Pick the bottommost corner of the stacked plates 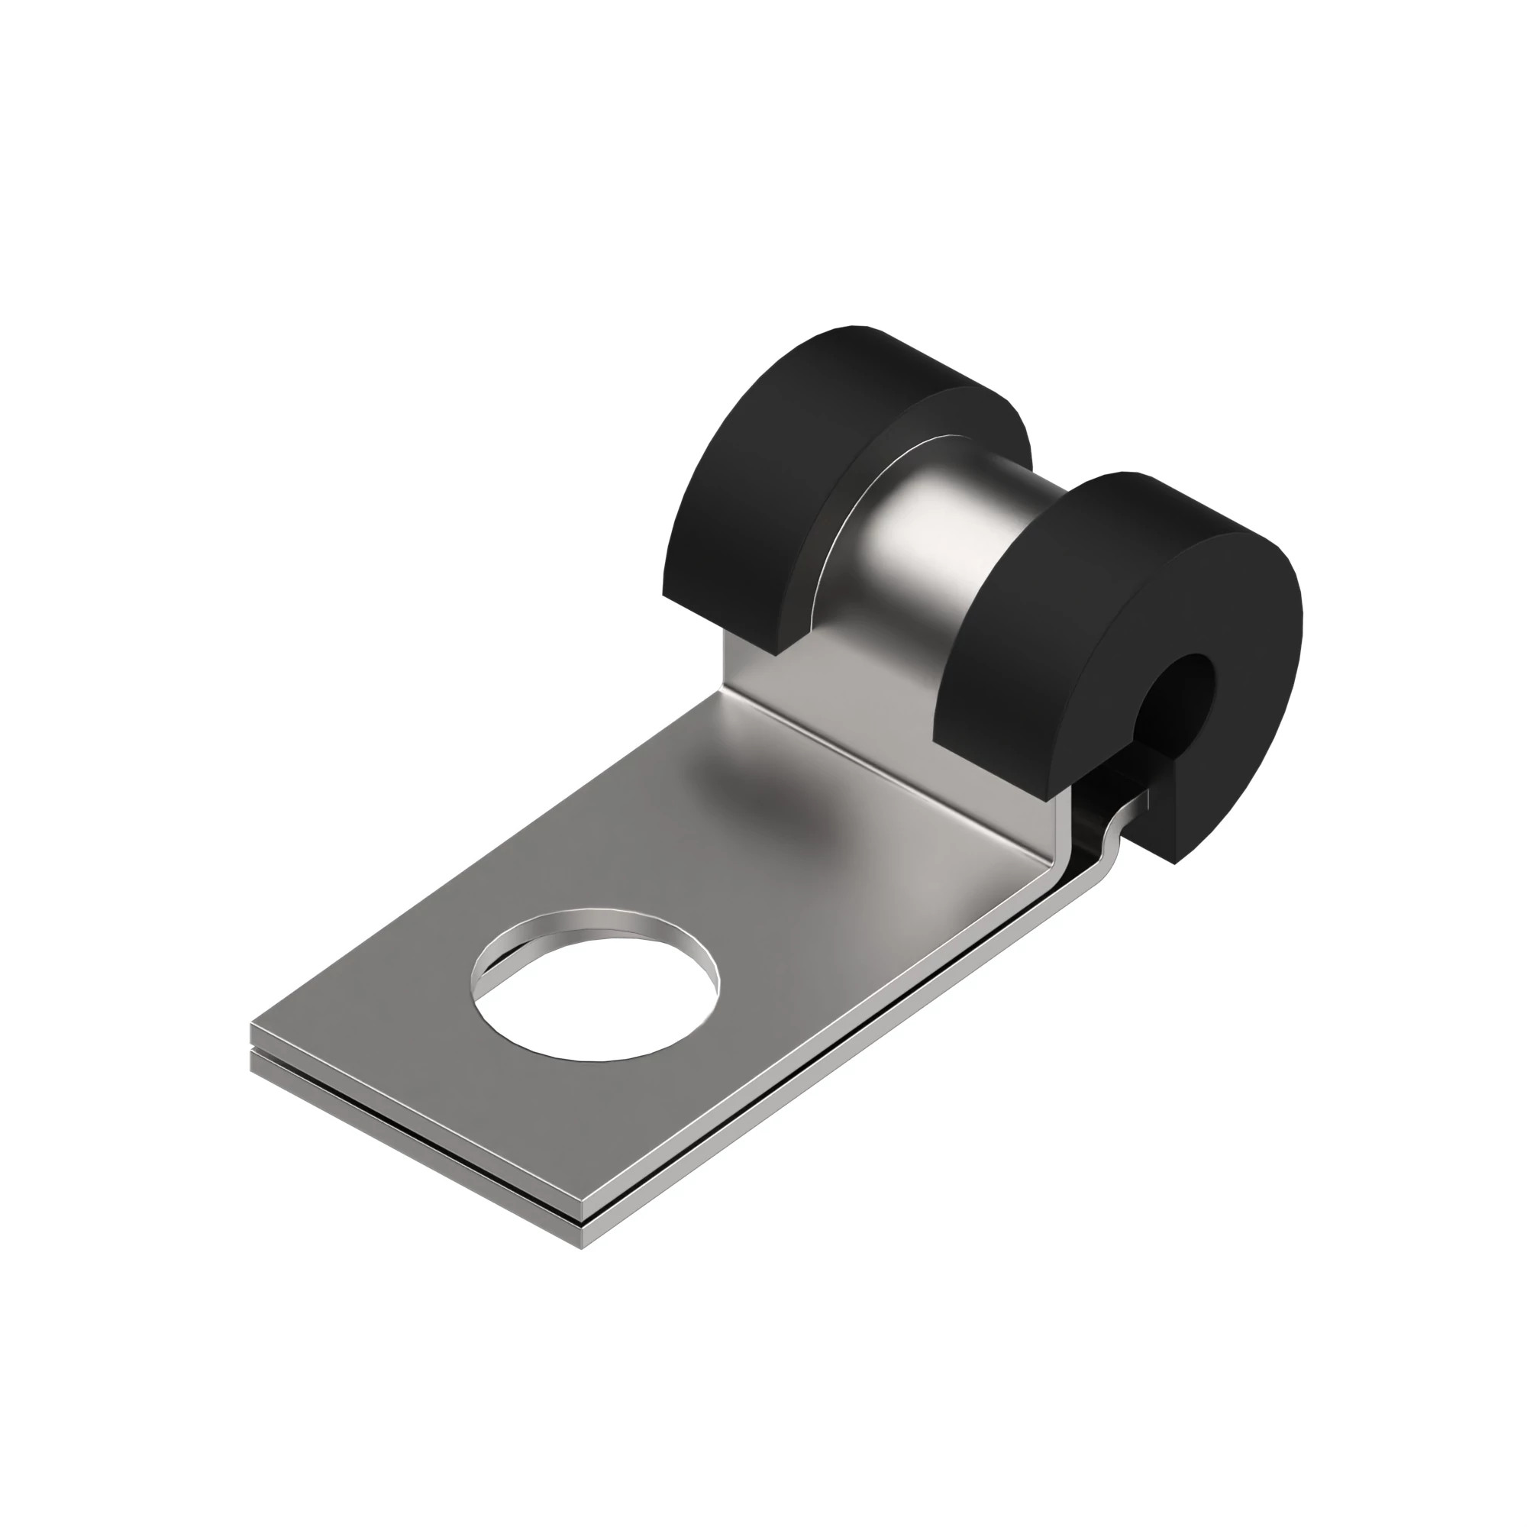582,1248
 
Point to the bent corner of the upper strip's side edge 1059,857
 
